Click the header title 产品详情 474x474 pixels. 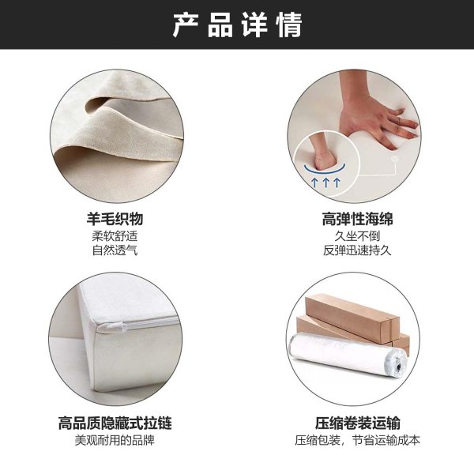(237, 24)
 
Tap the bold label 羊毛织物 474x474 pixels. (115, 219)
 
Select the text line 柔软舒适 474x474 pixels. (115, 235)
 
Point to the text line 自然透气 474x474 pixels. (115, 250)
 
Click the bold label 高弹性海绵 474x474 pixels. (357, 219)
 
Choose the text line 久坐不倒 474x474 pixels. (357, 235)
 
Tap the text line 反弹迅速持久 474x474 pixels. (357, 250)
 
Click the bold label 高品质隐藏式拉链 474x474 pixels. (115, 423)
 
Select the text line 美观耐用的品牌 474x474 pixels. (115, 440)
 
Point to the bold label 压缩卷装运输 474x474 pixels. (358, 423)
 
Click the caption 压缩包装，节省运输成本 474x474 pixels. (358, 440)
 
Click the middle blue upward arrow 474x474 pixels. (325, 182)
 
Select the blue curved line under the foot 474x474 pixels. (325, 170)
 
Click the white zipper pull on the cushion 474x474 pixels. (112, 327)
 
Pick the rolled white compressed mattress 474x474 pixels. (348, 354)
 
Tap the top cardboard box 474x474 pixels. (352, 319)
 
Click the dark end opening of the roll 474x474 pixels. (399, 367)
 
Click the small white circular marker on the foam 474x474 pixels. (394, 159)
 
